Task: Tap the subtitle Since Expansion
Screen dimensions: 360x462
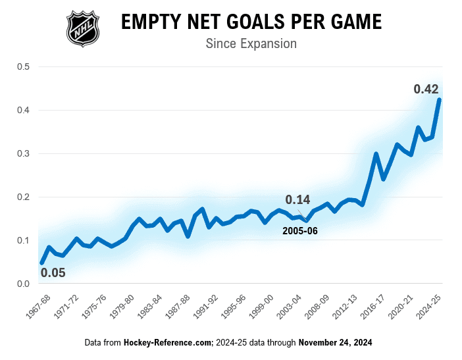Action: tap(251, 44)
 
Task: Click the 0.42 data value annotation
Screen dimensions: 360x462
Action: tap(426, 89)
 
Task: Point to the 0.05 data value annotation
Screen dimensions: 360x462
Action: tap(53, 272)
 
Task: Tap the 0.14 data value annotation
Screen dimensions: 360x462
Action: tap(297, 199)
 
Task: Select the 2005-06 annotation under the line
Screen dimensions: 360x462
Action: tap(300, 231)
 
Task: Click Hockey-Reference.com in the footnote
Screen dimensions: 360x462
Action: tap(167, 343)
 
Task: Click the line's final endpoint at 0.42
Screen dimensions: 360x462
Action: tap(439, 100)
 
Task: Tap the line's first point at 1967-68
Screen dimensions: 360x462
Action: tap(42, 263)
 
